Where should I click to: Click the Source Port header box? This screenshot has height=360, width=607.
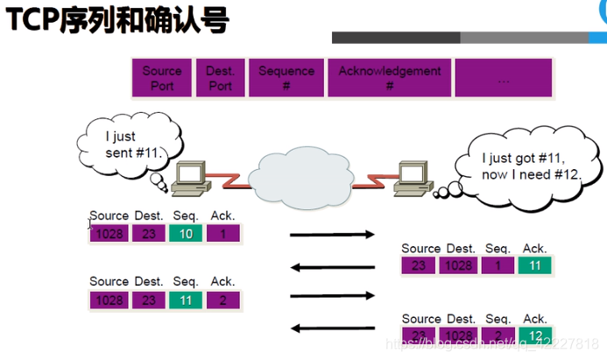[162, 78]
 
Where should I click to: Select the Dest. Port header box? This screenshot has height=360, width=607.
[220, 78]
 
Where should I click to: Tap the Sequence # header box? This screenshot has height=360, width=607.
[286, 78]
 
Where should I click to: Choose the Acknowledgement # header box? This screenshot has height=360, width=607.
[390, 78]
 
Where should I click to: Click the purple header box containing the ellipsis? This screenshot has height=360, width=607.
[503, 78]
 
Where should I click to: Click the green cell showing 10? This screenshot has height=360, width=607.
[187, 234]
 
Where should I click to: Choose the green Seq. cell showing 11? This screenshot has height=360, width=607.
[187, 300]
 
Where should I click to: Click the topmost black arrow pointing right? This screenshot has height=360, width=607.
[332, 235]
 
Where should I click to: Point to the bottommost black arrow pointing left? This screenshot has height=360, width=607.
[332, 329]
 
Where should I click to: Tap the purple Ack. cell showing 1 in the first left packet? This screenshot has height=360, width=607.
[222, 234]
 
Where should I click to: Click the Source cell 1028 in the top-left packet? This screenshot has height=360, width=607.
[109, 234]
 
